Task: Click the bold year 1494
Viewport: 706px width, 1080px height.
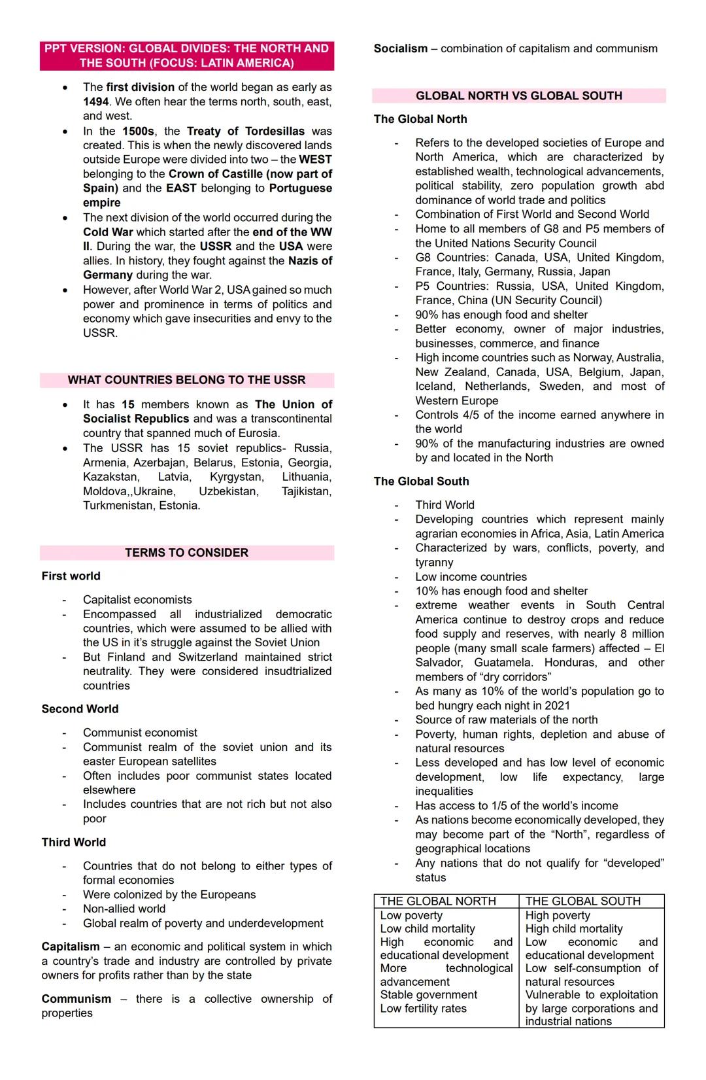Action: click(95, 101)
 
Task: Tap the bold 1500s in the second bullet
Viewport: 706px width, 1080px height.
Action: click(138, 131)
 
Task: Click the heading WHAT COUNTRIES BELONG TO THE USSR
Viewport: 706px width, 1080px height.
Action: click(186, 380)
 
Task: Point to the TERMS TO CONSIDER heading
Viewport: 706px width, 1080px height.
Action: click(186, 553)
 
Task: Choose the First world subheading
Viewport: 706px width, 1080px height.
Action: click(71, 576)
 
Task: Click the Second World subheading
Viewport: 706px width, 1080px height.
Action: click(80, 709)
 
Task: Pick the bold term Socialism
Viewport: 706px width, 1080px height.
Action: click(400, 48)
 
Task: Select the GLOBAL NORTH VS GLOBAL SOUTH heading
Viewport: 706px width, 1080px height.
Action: click(518, 96)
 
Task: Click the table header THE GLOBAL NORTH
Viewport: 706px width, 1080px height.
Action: click(438, 901)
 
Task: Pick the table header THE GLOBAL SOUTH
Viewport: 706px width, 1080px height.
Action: click(583, 901)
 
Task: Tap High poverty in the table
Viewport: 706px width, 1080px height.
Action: click(558, 916)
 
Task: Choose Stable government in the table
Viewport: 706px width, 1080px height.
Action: click(429, 995)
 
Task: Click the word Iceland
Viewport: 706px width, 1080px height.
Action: click(434, 387)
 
